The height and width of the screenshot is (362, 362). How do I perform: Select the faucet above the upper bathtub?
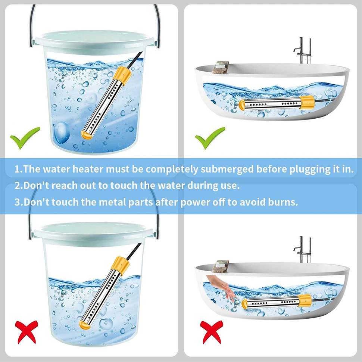click(x=302, y=51)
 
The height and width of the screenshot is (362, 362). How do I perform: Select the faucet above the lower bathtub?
click(x=302, y=250)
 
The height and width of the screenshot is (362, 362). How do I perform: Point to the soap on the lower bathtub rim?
click(x=220, y=266)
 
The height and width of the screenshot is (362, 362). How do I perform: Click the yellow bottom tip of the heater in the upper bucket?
click(x=86, y=135)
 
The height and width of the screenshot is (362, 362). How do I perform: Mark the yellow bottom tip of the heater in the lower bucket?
click(x=84, y=325)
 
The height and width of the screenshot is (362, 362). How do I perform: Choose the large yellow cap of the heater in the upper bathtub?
click(x=307, y=103)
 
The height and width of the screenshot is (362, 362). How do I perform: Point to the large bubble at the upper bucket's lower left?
click(x=62, y=133)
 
